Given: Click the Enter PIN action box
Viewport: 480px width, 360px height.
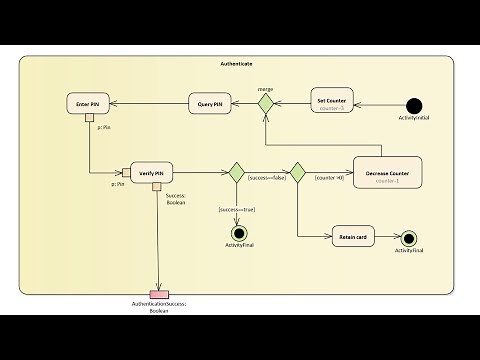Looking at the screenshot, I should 87,103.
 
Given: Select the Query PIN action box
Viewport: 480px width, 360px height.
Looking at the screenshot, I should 211,103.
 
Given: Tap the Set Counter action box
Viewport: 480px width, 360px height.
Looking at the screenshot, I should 331,103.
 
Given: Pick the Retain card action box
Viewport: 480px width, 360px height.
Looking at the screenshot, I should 359,237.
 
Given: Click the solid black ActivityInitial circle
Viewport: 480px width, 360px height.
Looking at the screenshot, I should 416,104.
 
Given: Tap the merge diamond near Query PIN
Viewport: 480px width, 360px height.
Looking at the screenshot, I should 265,102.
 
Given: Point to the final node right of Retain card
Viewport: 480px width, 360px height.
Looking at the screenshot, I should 408,238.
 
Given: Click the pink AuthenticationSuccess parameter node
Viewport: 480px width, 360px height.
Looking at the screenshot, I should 159,294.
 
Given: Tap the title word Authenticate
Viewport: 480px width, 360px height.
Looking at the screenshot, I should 236,64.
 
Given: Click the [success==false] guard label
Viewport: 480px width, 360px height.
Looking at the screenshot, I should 266,178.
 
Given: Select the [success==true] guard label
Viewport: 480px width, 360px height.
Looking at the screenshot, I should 236,209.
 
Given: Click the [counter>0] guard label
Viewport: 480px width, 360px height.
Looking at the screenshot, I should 329,178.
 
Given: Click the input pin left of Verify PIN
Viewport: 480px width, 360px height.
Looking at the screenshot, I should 127,172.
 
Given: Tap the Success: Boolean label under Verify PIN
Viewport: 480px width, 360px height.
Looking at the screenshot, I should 175,199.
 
